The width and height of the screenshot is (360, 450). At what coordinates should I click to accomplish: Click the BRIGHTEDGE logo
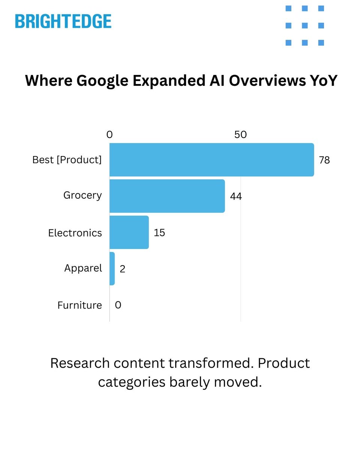coord(63,21)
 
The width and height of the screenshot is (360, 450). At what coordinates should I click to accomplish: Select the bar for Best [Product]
coord(211,160)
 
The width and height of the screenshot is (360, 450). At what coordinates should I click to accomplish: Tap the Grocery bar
coord(167,196)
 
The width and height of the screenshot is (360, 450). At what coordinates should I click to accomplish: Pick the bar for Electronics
coord(129,232)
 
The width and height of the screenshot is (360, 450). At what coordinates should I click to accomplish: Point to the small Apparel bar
coord(112,269)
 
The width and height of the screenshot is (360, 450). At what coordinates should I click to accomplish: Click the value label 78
coord(324,160)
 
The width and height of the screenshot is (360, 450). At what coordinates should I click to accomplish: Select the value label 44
coord(236,196)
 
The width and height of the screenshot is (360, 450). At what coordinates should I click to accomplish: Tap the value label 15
coord(159,232)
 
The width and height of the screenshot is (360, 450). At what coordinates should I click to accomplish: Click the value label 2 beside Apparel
coord(122,269)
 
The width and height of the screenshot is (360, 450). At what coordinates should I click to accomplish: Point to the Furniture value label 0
coord(118,305)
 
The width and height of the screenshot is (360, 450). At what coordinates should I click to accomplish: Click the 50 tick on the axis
coord(240,135)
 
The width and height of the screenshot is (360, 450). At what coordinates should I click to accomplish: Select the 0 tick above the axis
coord(109,135)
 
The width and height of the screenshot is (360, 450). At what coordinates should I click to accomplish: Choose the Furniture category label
coord(79,305)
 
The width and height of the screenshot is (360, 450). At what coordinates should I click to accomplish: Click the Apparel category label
coord(83,268)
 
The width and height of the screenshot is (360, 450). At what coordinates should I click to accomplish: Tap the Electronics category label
coord(75,233)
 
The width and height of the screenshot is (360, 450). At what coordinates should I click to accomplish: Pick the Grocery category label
coord(82,195)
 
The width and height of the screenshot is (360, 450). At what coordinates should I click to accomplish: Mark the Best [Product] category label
coord(67,160)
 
